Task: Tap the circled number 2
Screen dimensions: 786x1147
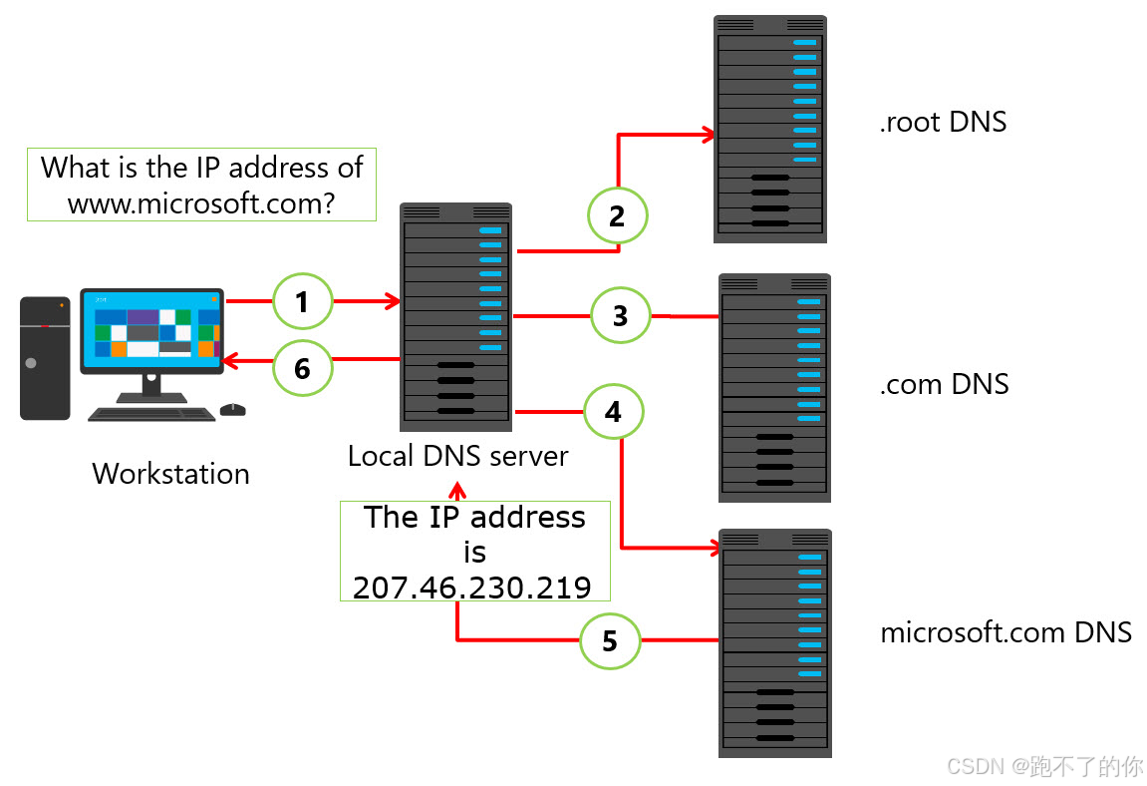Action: (617, 215)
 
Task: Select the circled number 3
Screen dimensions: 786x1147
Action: (620, 316)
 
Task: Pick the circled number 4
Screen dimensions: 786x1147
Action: (613, 411)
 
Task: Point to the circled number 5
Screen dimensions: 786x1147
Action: (610, 641)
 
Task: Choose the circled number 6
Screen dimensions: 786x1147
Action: (302, 368)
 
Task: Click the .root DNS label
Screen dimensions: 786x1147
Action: (943, 123)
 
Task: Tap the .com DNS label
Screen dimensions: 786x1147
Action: (944, 383)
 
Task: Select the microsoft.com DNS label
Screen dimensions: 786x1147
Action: (1005, 631)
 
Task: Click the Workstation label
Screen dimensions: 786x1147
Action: (170, 473)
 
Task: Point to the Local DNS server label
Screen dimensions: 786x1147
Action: (457, 456)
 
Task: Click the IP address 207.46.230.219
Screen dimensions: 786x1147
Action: (472, 587)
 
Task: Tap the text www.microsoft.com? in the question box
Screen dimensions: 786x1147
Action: (200, 203)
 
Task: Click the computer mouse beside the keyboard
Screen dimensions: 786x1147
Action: (232, 409)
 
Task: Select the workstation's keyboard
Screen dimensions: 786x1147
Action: (151, 413)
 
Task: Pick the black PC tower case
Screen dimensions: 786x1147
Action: (45, 357)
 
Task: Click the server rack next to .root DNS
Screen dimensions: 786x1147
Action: (770, 129)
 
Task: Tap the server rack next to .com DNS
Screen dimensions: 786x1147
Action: (774, 388)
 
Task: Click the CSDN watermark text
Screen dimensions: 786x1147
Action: (1044, 766)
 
